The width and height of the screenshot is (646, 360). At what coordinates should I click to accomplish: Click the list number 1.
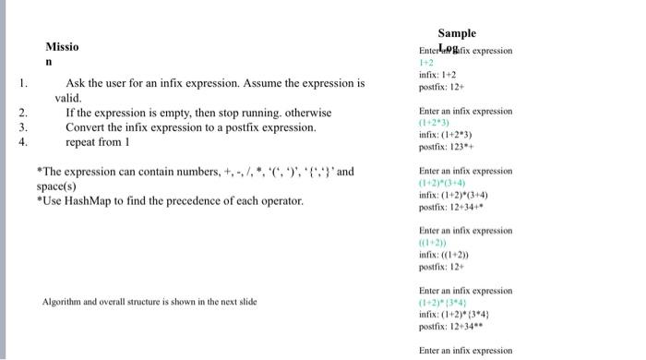click(x=23, y=83)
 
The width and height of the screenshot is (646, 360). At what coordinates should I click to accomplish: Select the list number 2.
click(x=23, y=113)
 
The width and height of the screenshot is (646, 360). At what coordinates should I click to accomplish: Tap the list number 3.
click(x=23, y=127)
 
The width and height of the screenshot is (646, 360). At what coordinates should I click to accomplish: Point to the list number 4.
click(x=23, y=142)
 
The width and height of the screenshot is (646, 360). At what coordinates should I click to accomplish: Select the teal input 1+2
click(x=427, y=63)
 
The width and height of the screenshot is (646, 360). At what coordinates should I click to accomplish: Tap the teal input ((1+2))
click(x=434, y=242)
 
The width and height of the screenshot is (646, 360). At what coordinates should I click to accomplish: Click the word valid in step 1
click(x=68, y=97)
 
